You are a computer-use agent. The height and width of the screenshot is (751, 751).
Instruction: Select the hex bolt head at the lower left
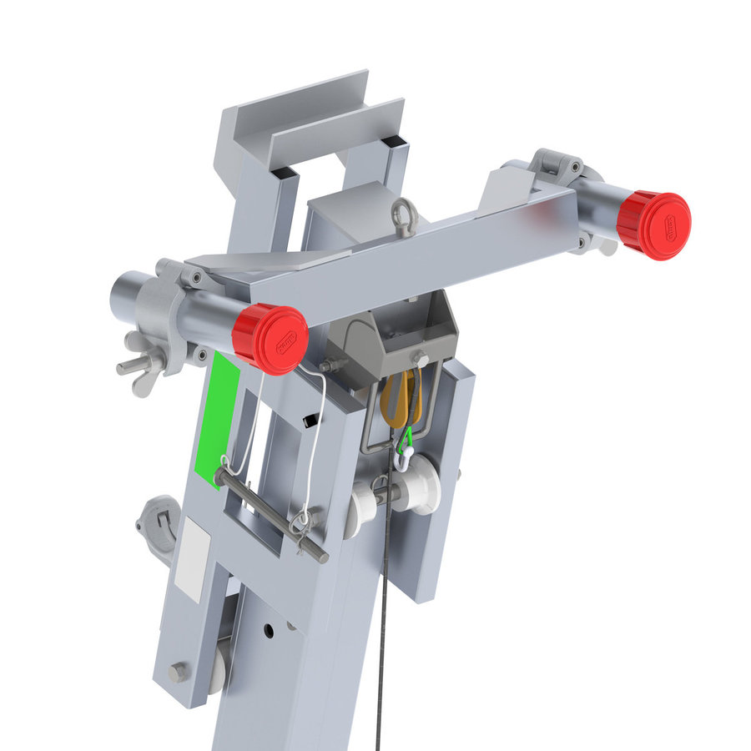tap(178, 673)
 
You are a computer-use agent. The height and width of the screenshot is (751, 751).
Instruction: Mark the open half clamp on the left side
tap(159, 526)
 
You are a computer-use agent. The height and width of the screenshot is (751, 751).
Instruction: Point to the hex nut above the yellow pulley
tap(421, 360)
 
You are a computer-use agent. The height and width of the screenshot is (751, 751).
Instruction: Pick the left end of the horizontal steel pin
tap(222, 477)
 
